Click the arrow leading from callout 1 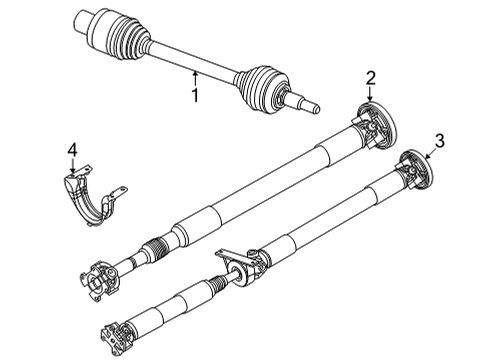click(196, 77)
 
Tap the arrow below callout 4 click(72, 168)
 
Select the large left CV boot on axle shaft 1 click(126, 39)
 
